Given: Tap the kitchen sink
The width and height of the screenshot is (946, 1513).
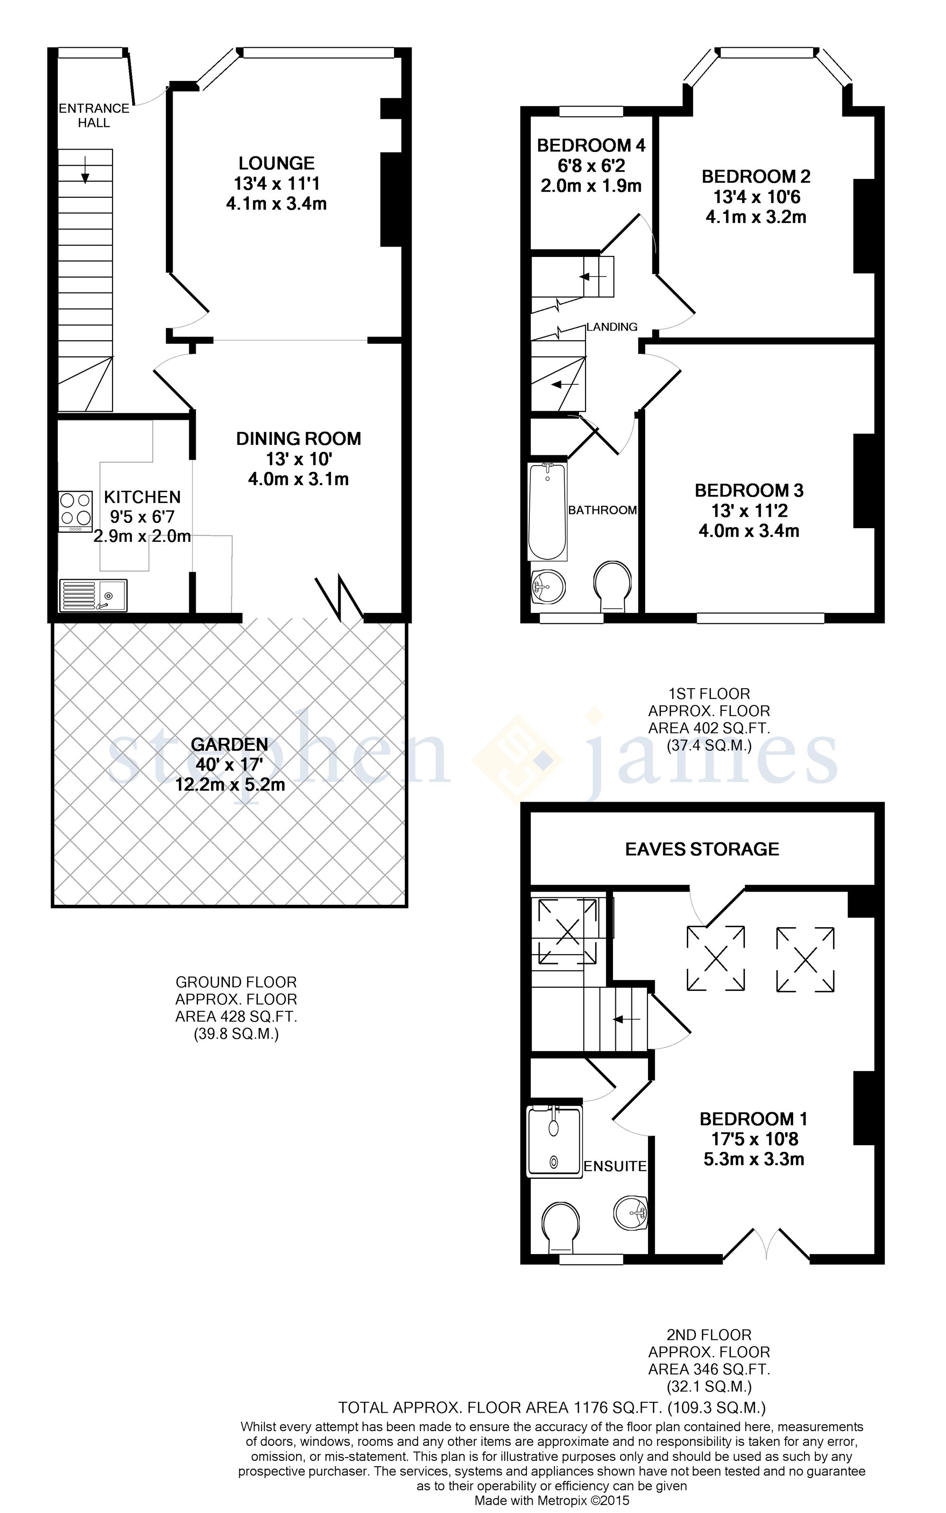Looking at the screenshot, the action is (x=93, y=595).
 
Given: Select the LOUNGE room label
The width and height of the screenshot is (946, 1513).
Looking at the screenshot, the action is (x=277, y=163).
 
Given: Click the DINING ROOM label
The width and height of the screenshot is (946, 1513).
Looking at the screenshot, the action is (x=298, y=439).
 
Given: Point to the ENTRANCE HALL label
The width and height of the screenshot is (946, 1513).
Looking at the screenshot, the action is (x=94, y=115).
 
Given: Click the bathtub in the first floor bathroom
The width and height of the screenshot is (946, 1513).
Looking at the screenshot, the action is (x=547, y=512).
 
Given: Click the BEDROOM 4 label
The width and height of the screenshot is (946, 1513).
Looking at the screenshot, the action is (x=591, y=146).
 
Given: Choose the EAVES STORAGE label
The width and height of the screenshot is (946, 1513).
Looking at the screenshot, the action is (x=702, y=849).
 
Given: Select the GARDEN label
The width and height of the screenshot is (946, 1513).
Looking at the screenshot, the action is (x=229, y=745).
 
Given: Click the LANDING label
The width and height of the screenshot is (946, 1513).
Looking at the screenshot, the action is (x=612, y=327).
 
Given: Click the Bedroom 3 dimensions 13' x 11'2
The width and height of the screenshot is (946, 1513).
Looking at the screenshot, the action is (x=749, y=511).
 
